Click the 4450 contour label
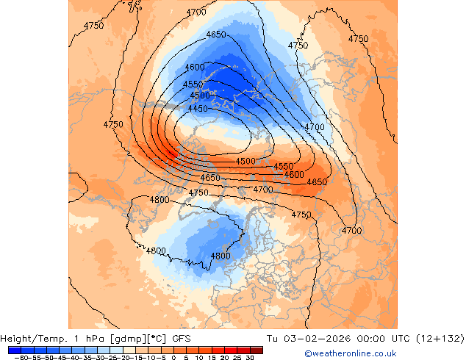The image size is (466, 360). tap(198, 109)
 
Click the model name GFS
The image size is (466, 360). tap(182, 339)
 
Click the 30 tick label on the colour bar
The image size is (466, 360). tap(250, 357)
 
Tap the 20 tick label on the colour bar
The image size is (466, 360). tap(225, 357)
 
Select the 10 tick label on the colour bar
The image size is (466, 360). tap(199, 357)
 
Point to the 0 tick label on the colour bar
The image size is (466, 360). tap(174, 357)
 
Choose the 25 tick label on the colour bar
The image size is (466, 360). tap(237, 357)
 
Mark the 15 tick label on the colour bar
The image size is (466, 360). tap(212, 357)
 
